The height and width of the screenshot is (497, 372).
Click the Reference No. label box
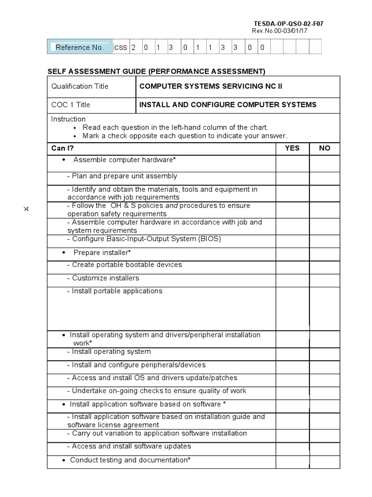coord(79,47)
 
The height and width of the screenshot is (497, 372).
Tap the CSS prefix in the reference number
coord(121,48)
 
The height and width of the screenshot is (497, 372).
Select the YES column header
coord(292,148)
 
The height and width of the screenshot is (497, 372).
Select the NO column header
coord(325,148)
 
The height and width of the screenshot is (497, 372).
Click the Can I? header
coord(62,148)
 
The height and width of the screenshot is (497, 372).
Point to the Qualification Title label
coord(80,86)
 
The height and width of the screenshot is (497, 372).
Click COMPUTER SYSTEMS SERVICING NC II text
coord(211,86)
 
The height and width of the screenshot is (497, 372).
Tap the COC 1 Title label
coord(71,105)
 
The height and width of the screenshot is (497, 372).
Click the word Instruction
coord(68,119)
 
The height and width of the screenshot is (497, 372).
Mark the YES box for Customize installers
coord(292,280)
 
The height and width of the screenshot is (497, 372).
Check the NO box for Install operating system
coord(325,353)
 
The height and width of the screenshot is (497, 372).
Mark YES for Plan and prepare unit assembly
coord(292,178)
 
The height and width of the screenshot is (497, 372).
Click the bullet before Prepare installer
coord(64,253)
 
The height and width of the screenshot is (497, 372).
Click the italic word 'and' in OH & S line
coord(171,205)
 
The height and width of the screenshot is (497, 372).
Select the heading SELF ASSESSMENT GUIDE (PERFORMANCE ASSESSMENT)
coord(156,72)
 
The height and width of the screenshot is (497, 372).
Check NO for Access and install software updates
coord(325,448)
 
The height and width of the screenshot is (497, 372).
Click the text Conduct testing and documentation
coord(130,460)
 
